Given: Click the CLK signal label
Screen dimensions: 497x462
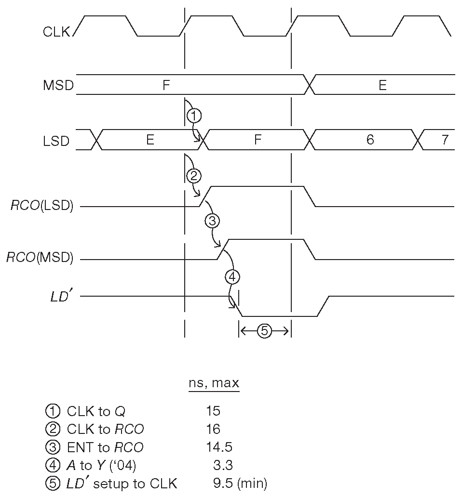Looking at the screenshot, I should click(56, 32).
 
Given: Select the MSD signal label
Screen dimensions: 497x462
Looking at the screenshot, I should click(58, 86).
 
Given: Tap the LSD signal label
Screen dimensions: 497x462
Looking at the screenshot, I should click(56, 142).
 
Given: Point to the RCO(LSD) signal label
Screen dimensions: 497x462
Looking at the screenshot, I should click(42, 206).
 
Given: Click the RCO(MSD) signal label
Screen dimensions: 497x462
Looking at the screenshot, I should click(40, 258).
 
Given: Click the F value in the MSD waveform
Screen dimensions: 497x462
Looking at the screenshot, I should click(166, 86).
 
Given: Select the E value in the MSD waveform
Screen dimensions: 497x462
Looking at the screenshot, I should click(382, 86).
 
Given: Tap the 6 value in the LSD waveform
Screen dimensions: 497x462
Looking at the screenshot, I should click(370, 140).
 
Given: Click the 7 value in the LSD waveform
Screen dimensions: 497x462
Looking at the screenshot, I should click(445, 140).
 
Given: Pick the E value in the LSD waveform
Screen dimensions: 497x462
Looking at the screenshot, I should click(150, 140).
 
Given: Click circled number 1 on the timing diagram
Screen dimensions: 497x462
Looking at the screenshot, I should click(194, 116).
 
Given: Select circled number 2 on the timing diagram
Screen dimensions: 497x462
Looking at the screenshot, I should click(194, 176).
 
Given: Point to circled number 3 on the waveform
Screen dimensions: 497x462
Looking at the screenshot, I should click(212, 221).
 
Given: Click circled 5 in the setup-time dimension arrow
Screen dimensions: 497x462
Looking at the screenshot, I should click(265, 331).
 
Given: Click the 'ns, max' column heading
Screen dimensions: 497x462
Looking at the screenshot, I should click(213, 384).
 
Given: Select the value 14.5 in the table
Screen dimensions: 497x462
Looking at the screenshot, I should click(219, 447).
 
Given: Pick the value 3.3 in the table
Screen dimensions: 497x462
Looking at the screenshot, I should click(223, 465).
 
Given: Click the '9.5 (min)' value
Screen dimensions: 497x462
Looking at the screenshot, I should click(240, 484).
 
